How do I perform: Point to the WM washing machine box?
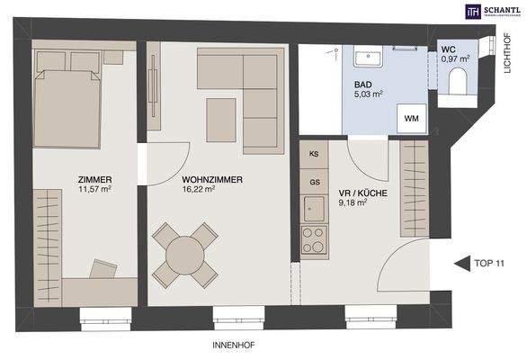412,118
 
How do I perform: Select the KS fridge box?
314,155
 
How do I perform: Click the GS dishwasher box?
314,181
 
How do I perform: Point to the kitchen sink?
314,210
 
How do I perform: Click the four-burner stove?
314,240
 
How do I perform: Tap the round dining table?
184,253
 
